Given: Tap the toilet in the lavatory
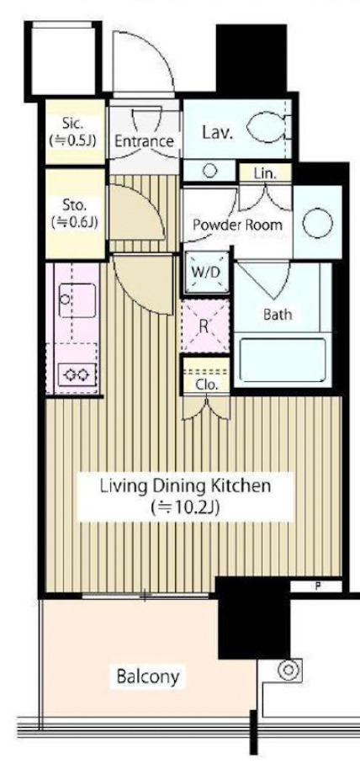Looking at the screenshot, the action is pos(268,127).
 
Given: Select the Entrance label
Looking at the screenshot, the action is pos(144,141).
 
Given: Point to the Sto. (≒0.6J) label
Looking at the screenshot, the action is pos(75,213).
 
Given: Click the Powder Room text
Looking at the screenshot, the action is pos(237,225).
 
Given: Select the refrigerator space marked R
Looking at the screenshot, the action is pos(205,326).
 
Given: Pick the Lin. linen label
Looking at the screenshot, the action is pos(265,173).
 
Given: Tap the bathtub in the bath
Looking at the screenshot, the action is pos(283,360).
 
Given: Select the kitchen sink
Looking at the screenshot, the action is pos(77,300).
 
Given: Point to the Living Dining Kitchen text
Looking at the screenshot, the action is pos(185,486).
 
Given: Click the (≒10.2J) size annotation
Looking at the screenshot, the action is pos(185,506).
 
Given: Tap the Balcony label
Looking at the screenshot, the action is pos(148,676).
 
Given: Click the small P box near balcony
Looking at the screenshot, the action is pos(316,586).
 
